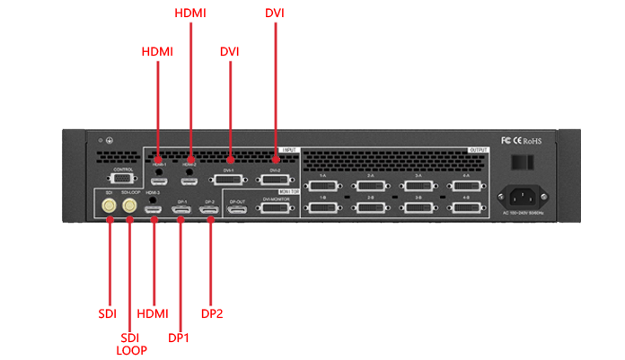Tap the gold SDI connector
pyautogui.click(x=109, y=206)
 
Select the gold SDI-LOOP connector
pyautogui.click(x=130, y=206)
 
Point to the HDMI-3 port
pyautogui.click(x=154, y=209)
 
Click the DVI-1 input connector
pyautogui.click(x=229, y=178)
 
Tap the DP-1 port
pyautogui.click(x=181, y=209)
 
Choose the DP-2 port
pyautogui.click(x=209, y=209)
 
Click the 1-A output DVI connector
pyautogui.click(x=321, y=184)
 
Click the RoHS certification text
pyautogui.click(x=533, y=141)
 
